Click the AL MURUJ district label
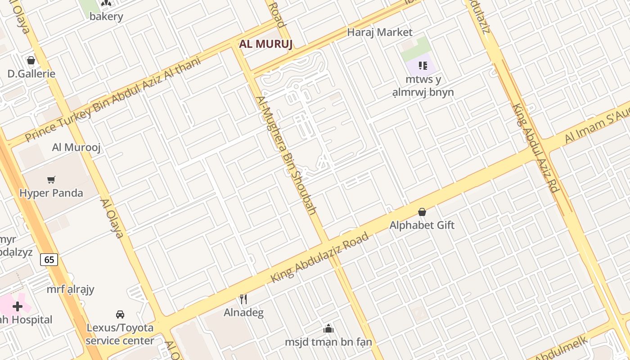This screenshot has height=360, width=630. pyautogui.click(x=266, y=44)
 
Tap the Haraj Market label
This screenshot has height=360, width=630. pyautogui.click(x=380, y=32)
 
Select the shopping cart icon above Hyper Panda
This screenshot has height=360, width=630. pyautogui.click(x=51, y=180)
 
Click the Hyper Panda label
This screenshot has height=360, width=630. pyautogui.click(x=51, y=193)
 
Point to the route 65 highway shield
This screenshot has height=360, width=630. pyautogui.click(x=49, y=260)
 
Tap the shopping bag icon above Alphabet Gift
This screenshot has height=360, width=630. pyautogui.click(x=422, y=211)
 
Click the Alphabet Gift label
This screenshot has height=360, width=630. pyautogui.click(x=422, y=225)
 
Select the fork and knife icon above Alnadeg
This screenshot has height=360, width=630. pyautogui.click(x=243, y=299)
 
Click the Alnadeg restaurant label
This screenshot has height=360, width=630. pyautogui.click(x=243, y=312)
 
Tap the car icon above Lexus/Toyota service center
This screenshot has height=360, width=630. pyautogui.click(x=120, y=314)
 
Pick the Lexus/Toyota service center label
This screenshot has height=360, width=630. pyautogui.click(x=120, y=334)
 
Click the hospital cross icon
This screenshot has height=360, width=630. pyautogui.click(x=18, y=306)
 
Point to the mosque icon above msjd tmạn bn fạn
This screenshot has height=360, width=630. pyautogui.click(x=328, y=328)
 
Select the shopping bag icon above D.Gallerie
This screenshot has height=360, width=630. pyautogui.click(x=31, y=60)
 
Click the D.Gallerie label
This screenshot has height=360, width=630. pyautogui.click(x=31, y=74)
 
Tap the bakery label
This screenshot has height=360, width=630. pyautogui.click(x=106, y=17)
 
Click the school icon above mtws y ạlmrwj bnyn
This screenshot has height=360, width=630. pyautogui.click(x=423, y=66)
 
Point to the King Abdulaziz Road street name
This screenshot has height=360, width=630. pyautogui.click(x=319, y=258)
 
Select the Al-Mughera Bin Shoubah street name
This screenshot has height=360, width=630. pyautogui.click(x=287, y=155)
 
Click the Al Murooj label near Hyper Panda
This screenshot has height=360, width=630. pyautogui.click(x=76, y=147)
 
